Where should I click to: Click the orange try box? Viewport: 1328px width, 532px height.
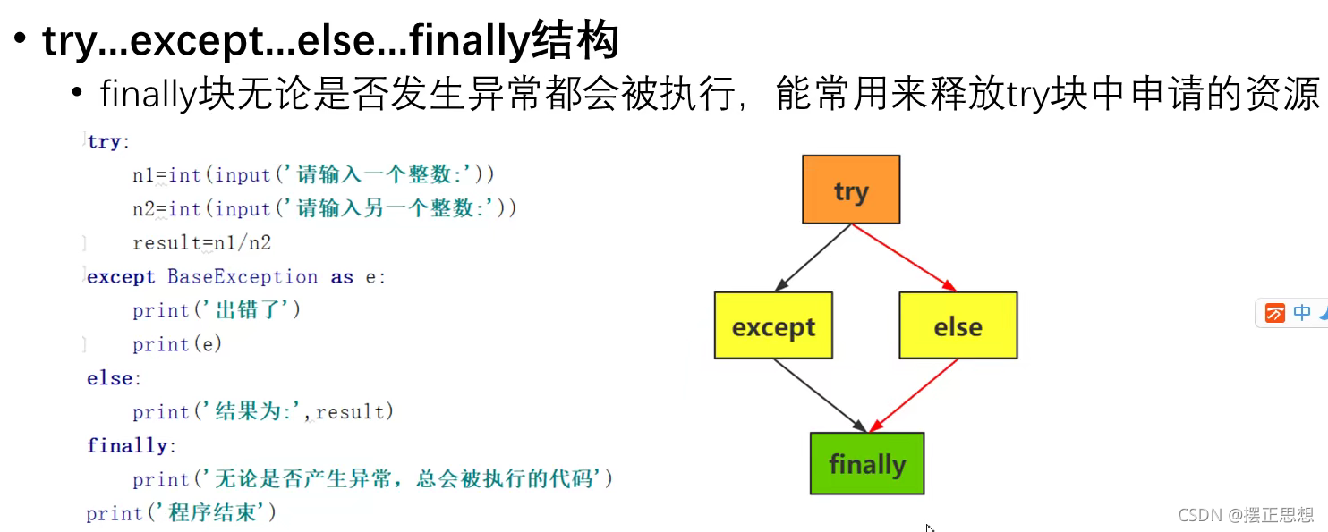pos(850,190)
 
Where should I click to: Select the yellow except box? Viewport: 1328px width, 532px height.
pos(773,325)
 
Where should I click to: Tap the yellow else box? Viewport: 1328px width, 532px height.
pos(958,325)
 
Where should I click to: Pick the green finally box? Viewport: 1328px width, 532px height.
pos(866,463)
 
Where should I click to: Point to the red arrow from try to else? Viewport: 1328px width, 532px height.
pos(904,258)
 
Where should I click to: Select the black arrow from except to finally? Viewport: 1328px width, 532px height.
pos(821,395)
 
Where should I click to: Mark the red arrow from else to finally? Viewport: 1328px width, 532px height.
pos(915,395)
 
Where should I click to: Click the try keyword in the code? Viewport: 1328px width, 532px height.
pos(104,142)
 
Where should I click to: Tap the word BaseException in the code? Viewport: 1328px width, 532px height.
pos(242,277)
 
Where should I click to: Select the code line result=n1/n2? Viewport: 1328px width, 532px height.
pos(201,243)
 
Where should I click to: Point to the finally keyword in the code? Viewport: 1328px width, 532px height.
pos(127,445)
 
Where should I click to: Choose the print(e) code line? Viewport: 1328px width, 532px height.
pos(177,344)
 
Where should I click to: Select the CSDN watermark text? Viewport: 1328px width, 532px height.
pos(1246,514)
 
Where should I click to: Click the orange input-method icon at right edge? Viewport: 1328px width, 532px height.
pos(1275,313)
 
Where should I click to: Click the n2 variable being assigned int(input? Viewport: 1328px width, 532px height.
pos(143,209)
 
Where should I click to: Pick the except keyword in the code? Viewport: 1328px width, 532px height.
pos(121,277)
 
